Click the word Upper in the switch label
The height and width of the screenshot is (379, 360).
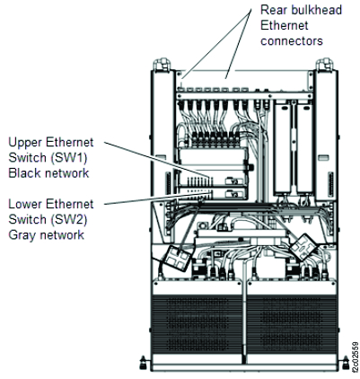[25, 142]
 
